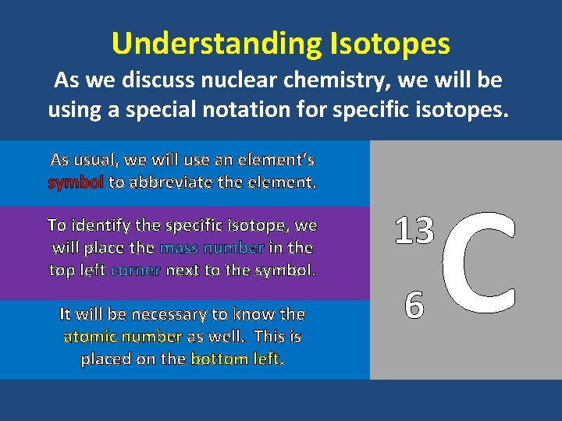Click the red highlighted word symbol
pos(75,183)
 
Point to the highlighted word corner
pos(136,271)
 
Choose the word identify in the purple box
pos(109,226)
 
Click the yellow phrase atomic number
pos(123,337)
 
